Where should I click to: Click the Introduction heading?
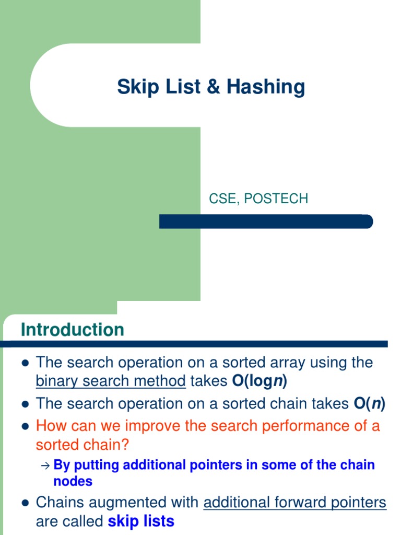[x=73, y=330]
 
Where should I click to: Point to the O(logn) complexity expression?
[x=260, y=382]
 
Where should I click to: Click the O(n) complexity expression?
[x=370, y=403]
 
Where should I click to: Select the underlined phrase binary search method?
[x=111, y=382]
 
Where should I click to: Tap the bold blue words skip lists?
[x=141, y=521]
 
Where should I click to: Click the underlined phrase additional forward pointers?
[x=294, y=503]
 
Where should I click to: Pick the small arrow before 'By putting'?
[x=44, y=466]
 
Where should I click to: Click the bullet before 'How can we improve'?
[x=25, y=426]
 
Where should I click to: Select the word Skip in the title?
[x=134, y=87]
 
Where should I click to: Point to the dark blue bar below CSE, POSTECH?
[x=266, y=222]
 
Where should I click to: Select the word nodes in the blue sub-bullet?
[x=73, y=481]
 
